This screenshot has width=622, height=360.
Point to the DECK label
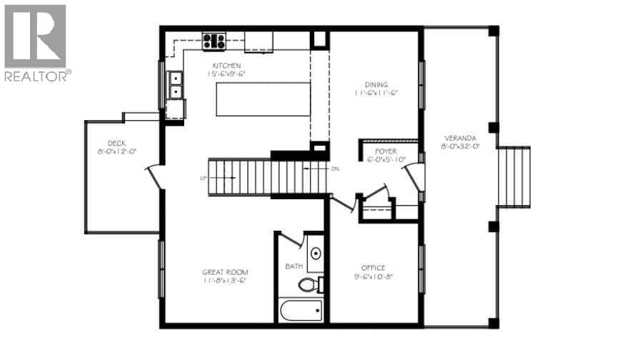click(116, 143)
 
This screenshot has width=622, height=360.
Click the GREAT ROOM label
click(224, 271)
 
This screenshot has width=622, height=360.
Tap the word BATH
click(294, 266)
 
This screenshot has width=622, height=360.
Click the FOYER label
click(386, 151)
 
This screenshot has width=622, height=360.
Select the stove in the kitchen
click(214, 41)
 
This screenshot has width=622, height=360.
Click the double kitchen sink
click(174, 85)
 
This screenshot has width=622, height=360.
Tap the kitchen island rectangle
click(264, 99)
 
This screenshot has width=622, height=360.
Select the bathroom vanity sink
click(315, 254)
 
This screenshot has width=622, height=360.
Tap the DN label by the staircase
click(335, 169)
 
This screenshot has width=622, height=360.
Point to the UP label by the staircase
click(204, 178)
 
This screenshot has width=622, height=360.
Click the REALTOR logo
click(36, 43)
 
